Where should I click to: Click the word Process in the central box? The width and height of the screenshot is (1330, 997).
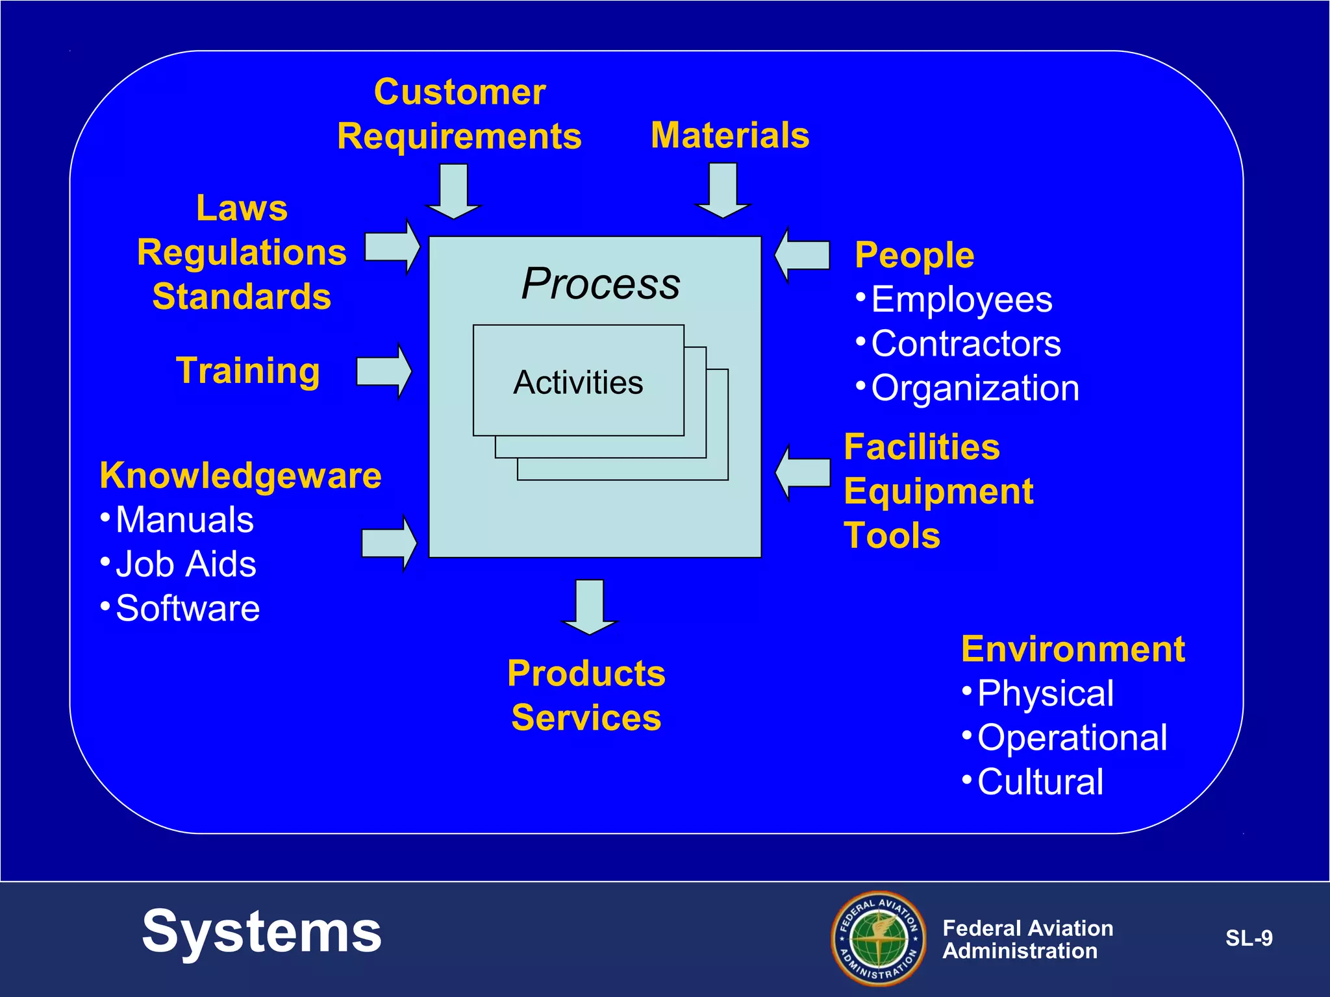point(601,284)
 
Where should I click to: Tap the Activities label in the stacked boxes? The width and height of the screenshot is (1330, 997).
point(578,382)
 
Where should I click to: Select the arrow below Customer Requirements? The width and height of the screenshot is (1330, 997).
point(454,192)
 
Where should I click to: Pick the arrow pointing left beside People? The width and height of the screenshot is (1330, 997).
point(803,255)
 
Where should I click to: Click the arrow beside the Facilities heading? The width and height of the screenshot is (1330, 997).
point(803,473)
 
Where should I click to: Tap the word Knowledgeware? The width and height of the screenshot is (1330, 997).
point(240,475)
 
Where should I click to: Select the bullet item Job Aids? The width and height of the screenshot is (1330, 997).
point(185,564)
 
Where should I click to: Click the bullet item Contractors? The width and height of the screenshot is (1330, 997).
point(965,343)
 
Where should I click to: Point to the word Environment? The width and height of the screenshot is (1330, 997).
point(1073,649)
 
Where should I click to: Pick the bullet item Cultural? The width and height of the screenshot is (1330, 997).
point(1039,782)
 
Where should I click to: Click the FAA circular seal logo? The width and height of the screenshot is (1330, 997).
point(879,938)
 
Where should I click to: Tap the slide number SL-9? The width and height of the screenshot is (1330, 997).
point(1248,939)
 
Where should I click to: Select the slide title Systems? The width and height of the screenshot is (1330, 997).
point(262,932)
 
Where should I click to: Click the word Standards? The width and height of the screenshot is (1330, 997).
point(242,297)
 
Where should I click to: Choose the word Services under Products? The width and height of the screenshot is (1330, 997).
point(586,718)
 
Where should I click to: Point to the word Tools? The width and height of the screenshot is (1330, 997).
point(892,536)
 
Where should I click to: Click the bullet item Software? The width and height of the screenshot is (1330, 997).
point(187,608)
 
